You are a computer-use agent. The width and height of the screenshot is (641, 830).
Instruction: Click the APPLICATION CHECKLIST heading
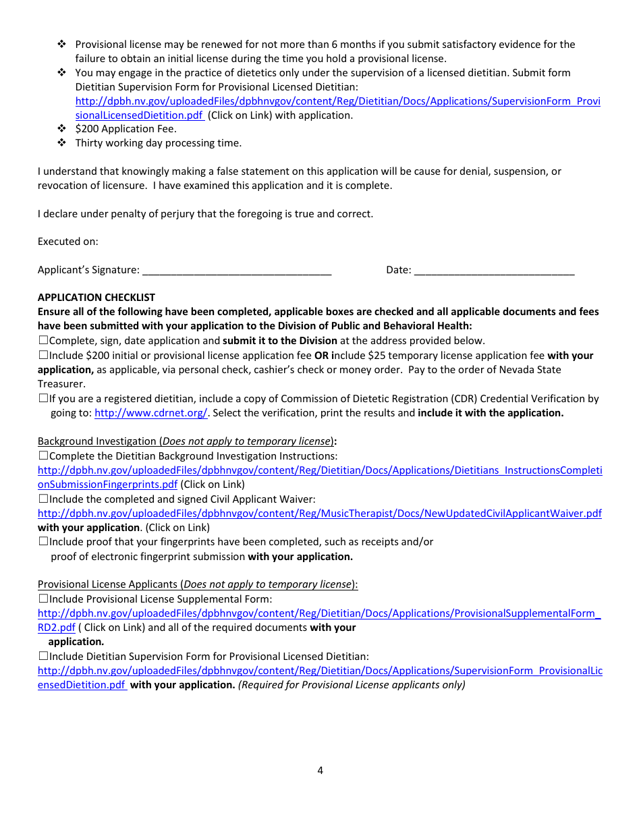[x=96, y=298]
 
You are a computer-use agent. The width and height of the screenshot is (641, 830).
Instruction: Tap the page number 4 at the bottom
[x=320, y=771]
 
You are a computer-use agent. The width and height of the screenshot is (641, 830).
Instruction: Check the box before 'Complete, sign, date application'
[x=43, y=341]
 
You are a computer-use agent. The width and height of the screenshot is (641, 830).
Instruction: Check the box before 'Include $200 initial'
[x=43, y=355]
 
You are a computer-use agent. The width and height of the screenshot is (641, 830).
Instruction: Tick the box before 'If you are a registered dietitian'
[x=43, y=399]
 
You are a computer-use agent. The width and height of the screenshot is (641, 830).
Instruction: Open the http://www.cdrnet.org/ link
[x=150, y=413]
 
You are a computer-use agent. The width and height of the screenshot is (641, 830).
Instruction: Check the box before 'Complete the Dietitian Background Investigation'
[x=43, y=456]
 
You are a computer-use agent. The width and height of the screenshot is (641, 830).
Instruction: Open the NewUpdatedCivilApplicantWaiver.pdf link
[x=319, y=514]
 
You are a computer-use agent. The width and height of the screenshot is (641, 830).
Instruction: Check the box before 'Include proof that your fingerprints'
[x=43, y=542]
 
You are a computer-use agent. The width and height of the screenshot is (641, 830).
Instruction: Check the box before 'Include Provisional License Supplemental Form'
[x=43, y=599]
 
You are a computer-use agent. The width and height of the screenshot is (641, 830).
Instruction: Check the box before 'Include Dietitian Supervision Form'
[x=43, y=656]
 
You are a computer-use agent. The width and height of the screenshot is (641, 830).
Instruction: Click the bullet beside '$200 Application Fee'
[x=61, y=128]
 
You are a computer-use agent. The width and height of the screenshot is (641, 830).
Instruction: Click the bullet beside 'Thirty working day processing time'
[x=61, y=142]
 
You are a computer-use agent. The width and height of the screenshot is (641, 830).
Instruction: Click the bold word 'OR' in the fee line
[x=321, y=356]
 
